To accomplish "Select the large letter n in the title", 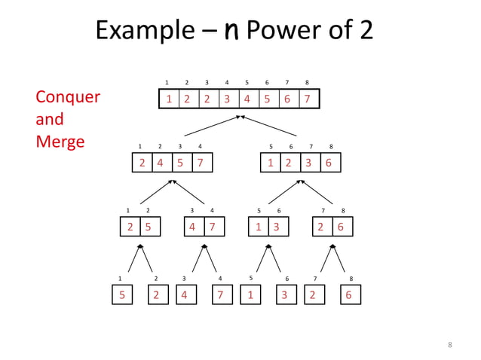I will coord(231,31).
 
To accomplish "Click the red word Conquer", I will coord(68,98).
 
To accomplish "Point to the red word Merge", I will coord(60,142).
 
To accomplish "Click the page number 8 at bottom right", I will coord(450,345).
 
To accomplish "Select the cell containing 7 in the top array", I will coord(307,99).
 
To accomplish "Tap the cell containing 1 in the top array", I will coord(170,99).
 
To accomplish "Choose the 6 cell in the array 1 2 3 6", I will coord(329,163).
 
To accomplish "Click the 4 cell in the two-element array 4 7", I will coord(194,227).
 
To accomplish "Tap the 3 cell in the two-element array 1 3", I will coord(277,227).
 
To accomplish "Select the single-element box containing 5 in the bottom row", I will coord(121,295).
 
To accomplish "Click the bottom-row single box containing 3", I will coord(285,295).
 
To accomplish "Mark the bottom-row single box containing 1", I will coord(250,295).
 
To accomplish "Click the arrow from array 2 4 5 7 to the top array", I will coord(211,126).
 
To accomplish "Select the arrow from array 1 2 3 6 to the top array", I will coord(270,126).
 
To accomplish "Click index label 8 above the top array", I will coord(307,82).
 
